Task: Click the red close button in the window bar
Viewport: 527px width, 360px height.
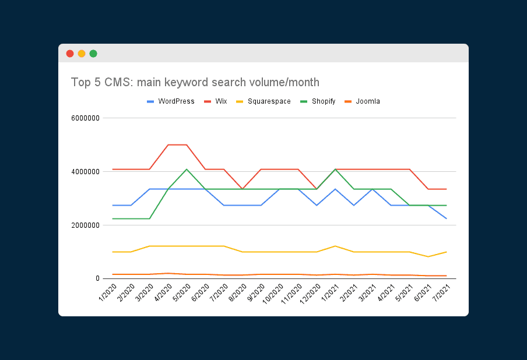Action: [70, 54]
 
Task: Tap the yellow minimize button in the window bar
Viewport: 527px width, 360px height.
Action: [82, 54]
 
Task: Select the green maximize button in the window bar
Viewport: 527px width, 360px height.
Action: [93, 54]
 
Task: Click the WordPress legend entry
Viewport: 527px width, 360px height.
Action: [170, 101]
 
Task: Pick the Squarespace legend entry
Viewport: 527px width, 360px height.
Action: [262, 101]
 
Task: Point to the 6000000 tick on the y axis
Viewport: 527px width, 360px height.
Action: [85, 118]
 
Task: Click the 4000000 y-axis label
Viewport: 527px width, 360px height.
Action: [85, 172]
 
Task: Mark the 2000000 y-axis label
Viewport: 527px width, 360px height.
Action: [85, 225]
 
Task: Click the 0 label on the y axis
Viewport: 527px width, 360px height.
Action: [98, 279]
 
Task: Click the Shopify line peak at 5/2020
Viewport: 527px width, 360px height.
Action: [187, 170]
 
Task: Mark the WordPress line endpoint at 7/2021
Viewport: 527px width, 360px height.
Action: [447, 218]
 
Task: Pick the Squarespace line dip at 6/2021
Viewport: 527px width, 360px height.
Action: [428, 257]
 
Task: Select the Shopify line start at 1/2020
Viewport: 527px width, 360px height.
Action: [113, 218]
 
